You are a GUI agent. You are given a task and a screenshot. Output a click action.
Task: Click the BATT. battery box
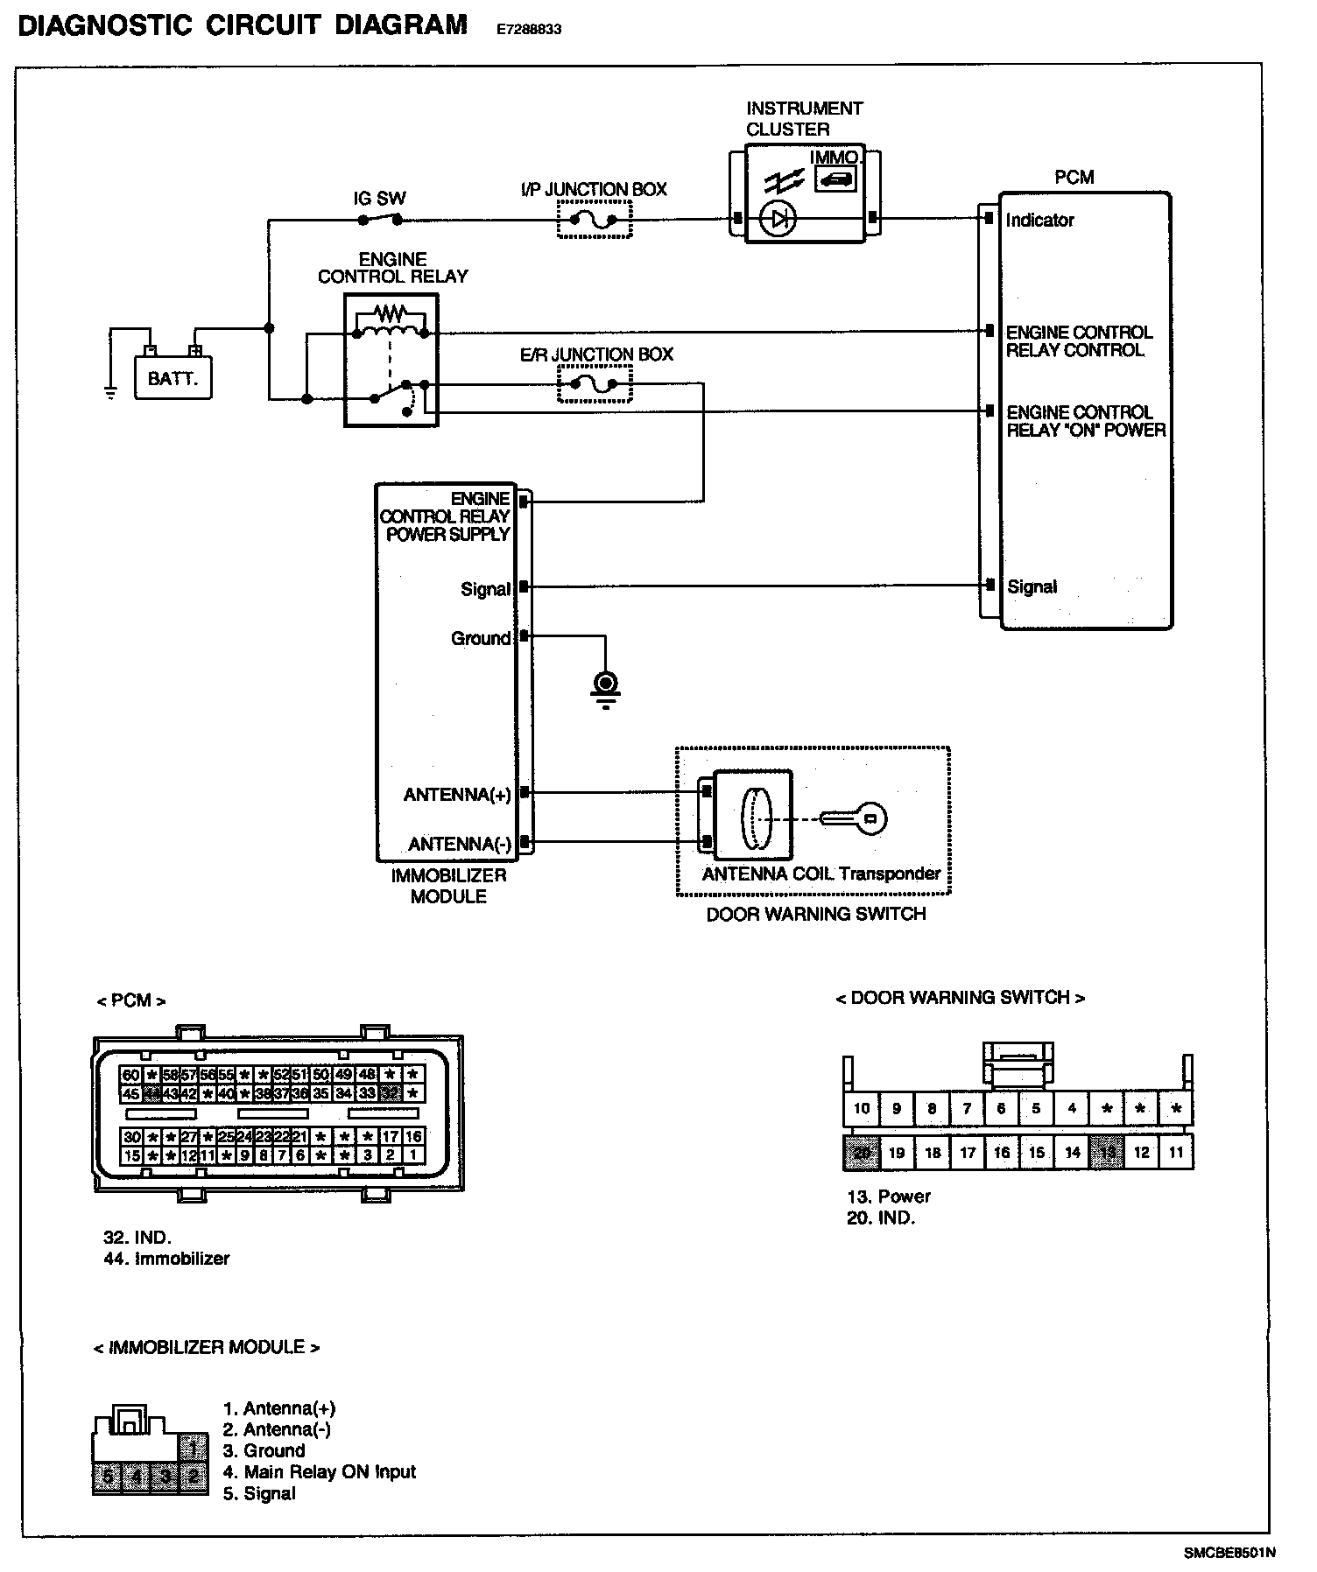click(173, 379)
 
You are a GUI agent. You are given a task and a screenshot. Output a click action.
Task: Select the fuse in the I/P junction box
click(595, 221)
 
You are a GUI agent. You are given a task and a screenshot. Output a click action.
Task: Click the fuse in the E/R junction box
click(595, 384)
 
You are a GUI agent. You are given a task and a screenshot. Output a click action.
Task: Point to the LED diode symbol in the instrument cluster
click(777, 219)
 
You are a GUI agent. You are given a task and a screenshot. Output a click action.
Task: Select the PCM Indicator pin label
click(1039, 221)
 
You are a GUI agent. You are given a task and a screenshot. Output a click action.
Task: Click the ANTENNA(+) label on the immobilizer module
click(457, 795)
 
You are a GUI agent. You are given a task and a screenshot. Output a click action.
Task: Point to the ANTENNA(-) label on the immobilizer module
click(460, 844)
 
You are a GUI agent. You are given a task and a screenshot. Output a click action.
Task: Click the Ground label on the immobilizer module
click(480, 638)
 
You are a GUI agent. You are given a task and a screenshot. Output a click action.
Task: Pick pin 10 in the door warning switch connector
click(861, 1109)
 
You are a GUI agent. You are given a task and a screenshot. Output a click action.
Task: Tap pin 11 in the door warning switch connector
click(1175, 1153)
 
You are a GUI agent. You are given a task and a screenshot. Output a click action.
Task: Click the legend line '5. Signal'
click(259, 1494)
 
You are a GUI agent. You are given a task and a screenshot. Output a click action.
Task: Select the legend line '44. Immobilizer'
click(166, 1259)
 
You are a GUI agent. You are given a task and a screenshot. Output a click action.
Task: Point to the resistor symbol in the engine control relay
click(391, 312)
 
